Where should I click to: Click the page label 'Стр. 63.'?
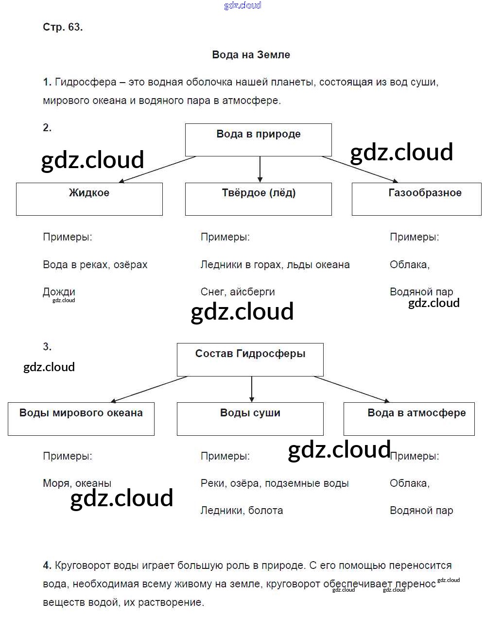click(x=63, y=27)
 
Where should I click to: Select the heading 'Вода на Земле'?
click(x=251, y=54)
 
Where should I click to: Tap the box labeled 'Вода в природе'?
click(x=258, y=139)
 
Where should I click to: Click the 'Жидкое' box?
click(x=89, y=199)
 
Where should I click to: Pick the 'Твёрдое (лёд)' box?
click(x=258, y=199)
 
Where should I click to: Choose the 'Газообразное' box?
click(x=416, y=199)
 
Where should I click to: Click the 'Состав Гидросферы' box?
click(x=250, y=360)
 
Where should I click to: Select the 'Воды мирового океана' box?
click(x=81, y=418)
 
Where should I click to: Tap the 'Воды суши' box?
click(x=250, y=418)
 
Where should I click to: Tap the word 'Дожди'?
click(x=59, y=292)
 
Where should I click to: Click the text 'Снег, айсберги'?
click(x=238, y=292)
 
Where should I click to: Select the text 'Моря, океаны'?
click(x=77, y=483)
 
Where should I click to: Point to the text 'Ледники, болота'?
click(x=242, y=511)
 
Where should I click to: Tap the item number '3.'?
click(x=47, y=347)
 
